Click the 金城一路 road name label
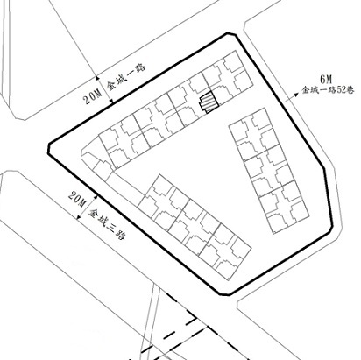(x=125, y=77)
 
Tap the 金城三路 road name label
(x=107, y=224)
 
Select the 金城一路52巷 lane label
(x=328, y=89)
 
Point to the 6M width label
(x=326, y=79)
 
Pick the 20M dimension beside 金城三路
(x=77, y=199)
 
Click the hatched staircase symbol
(x=209, y=102)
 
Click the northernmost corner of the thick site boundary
(x=228, y=33)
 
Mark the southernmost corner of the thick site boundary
(x=225, y=295)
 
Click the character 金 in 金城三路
(x=94, y=214)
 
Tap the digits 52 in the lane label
(x=341, y=90)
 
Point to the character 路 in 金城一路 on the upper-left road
(x=140, y=69)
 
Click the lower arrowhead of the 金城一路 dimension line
(x=111, y=101)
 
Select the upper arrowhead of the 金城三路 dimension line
(x=96, y=197)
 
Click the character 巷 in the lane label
(x=350, y=90)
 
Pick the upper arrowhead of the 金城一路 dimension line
(x=97, y=78)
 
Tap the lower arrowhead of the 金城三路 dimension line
(x=78, y=217)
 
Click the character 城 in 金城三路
(x=103, y=220)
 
